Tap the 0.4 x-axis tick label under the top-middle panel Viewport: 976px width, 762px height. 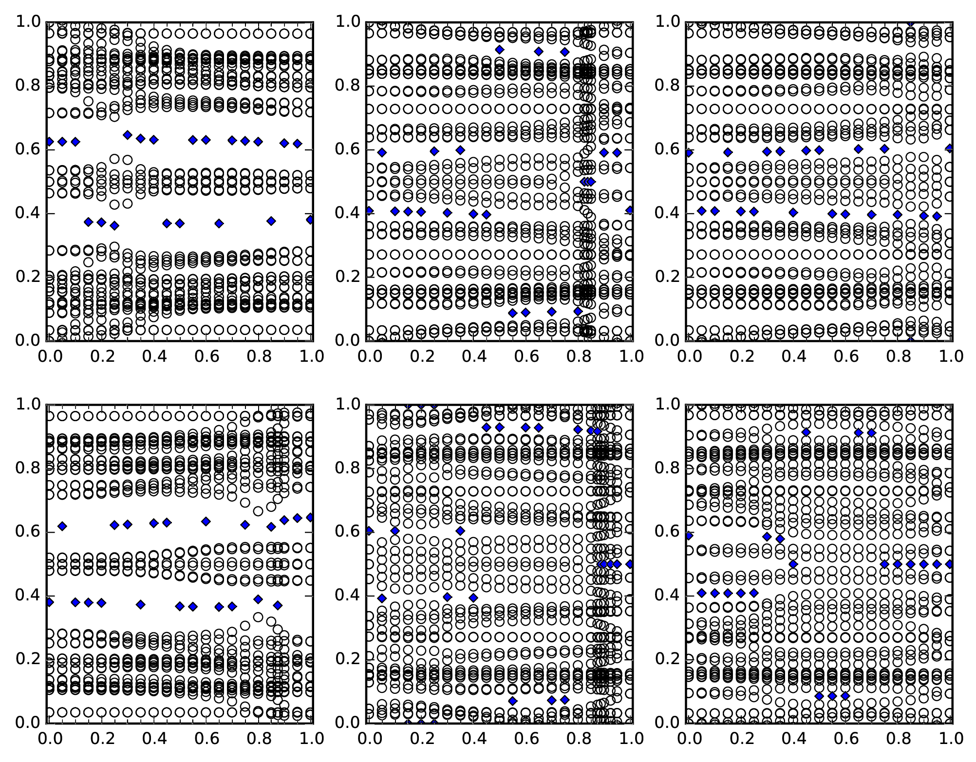(473, 357)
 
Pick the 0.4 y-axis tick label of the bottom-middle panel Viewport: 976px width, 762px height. (346, 596)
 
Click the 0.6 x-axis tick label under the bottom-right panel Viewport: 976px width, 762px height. (845, 739)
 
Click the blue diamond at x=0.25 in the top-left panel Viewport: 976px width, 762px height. (114, 225)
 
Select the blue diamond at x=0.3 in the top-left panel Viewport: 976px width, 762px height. (128, 135)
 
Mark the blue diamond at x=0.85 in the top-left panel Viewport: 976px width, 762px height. (271, 221)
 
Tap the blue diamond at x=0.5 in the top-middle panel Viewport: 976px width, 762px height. (499, 50)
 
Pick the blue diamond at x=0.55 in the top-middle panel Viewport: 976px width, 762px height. (512, 313)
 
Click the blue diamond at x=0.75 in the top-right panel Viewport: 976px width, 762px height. (884, 149)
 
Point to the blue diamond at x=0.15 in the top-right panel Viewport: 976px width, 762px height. (728, 152)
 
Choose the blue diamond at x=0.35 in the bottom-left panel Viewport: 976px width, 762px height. (141, 604)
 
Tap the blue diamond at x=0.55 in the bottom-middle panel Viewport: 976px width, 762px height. (512, 701)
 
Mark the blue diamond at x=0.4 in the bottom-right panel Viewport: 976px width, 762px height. (793, 564)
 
